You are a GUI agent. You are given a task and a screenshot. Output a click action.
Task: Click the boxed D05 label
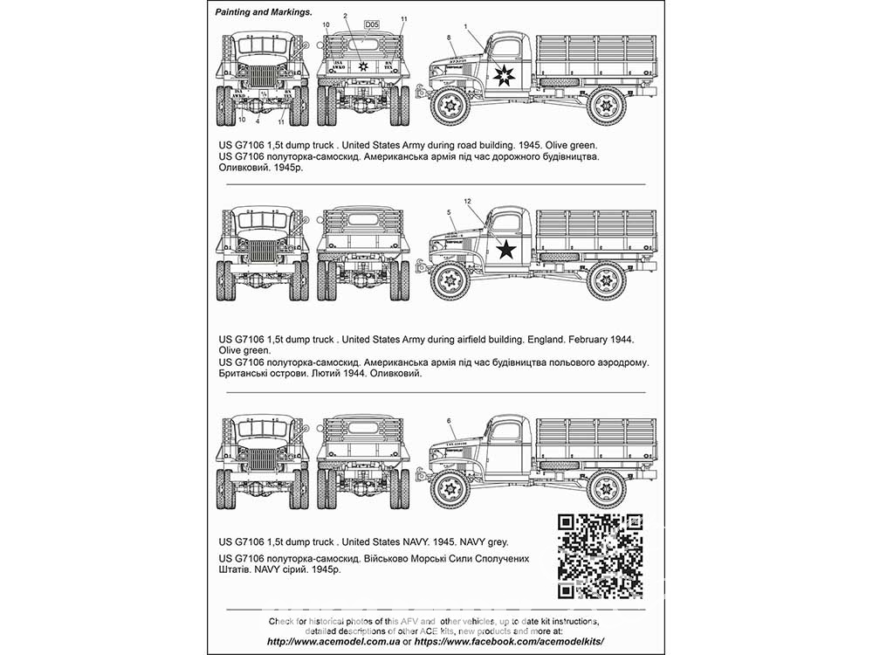pyautogui.click(x=371, y=24)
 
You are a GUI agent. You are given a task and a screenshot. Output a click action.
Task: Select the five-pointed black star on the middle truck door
pyautogui.click(x=505, y=251)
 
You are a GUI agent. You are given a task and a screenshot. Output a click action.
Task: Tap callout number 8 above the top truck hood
pyautogui.click(x=449, y=38)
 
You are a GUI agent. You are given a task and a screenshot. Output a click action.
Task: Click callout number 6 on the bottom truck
pyautogui.click(x=449, y=420)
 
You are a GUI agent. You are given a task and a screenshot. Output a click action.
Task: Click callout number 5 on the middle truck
pyautogui.click(x=449, y=212)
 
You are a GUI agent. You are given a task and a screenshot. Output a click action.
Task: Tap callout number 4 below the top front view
pyautogui.click(x=258, y=121)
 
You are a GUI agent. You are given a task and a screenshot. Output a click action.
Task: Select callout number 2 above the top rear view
pyautogui.click(x=345, y=17)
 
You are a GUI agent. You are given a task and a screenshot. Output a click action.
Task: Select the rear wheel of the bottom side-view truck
pyautogui.click(x=606, y=487)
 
